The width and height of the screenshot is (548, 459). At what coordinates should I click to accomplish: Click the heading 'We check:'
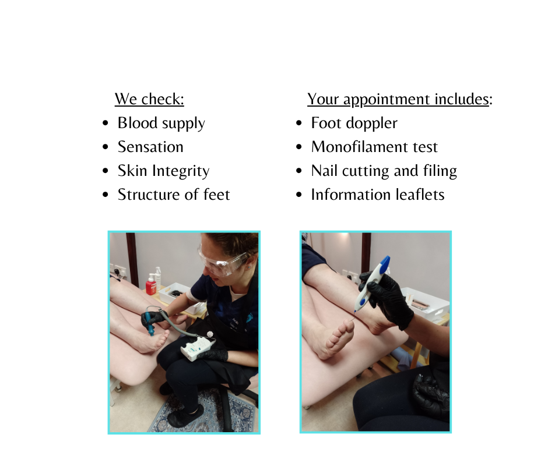coord(149,99)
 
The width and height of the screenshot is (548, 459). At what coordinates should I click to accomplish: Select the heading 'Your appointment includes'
coord(398,99)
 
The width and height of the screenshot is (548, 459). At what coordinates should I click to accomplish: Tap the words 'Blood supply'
coord(161,123)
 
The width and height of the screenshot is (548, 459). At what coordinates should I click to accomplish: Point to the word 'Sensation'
coord(150,147)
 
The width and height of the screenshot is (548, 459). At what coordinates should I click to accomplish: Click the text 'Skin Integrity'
coord(164,171)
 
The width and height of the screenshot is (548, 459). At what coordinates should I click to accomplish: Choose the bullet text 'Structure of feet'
coord(174,195)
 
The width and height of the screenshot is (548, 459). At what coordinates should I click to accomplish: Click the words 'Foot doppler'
coord(354,123)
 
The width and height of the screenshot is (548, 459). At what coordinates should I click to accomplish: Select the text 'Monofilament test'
coord(374,147)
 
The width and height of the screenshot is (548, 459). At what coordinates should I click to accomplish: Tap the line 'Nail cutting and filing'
coord(384,171)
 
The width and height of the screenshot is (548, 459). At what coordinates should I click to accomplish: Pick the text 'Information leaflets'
coord(377,195)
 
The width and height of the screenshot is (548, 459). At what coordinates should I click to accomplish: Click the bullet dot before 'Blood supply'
coord(106,123)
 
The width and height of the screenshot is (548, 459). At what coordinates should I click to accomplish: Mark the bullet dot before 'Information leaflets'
coord(299,195)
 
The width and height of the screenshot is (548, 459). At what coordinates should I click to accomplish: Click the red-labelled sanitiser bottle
coord(150,285)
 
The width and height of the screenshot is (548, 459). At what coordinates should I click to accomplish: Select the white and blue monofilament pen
coord(372,283)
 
